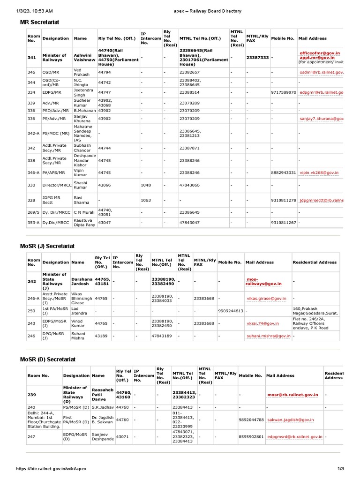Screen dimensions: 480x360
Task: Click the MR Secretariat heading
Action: click(x=39, y=22)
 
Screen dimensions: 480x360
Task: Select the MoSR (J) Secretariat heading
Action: click(x=47, y=246)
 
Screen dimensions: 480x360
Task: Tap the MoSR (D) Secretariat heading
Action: click(x=47, y=359)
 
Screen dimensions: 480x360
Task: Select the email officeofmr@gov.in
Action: click(x=320, y=53)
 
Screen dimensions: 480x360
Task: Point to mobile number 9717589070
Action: click(x=284, y=92)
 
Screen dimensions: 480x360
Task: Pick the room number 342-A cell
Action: click(x=34, y=134)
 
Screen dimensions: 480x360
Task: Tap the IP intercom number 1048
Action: click(x=146, y=185)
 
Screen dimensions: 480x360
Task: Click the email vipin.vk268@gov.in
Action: click(x=319, y=173)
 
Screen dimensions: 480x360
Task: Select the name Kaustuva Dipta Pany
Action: click(x=84, y=222)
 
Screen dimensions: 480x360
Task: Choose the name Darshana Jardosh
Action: click(x=82, y=281)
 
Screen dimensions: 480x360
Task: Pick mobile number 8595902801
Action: click(x=251, y=436)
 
